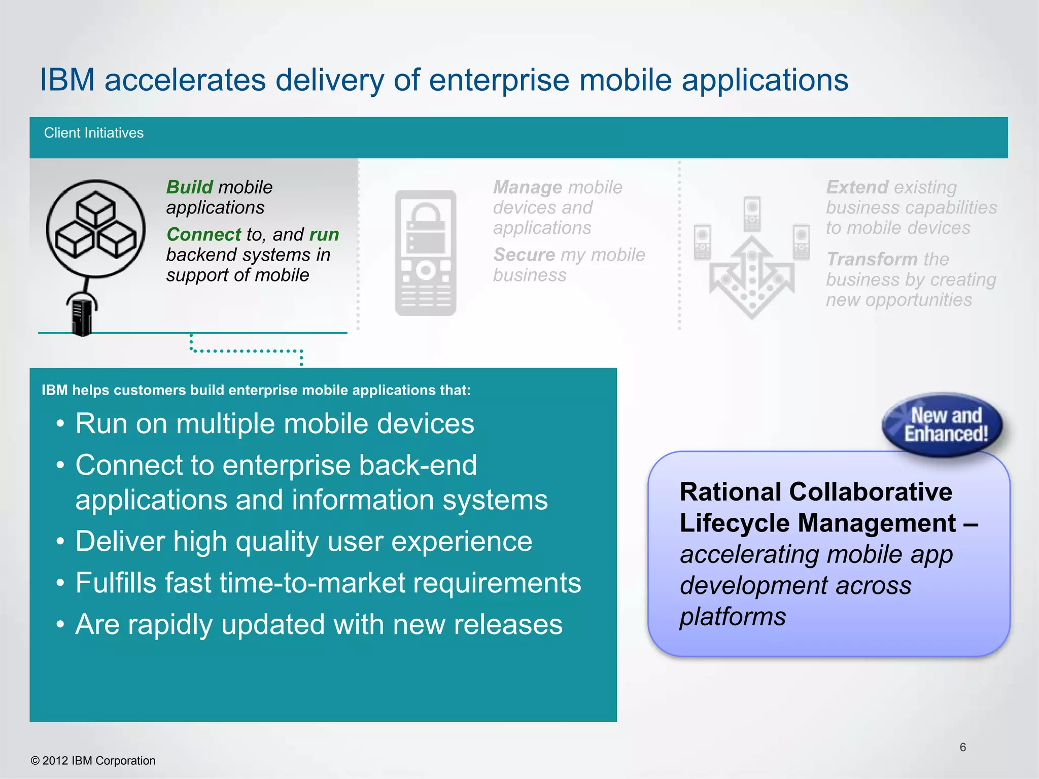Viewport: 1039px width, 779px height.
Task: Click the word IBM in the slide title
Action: pyautogui.click(x=67, y=80)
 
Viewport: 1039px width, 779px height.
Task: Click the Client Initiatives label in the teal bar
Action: pyautogui.click(x=93, y=133)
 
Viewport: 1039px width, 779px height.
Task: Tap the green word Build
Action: pyautogui.click(x=189, y=187)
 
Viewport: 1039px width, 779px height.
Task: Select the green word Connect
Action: pyautogui.click(x=203, y=234)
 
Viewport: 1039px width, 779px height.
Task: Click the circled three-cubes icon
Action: pyautogui.click(x=95, y=228)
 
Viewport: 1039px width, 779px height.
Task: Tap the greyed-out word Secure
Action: pyautogui.click(x=524, y=255)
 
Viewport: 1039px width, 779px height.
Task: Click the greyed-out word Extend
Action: pyautogui.click(x=857, y=187)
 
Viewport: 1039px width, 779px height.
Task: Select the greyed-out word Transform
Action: pyautogui.click(x=872, y=259)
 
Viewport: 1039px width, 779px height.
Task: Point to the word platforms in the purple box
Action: pyautogui.click(x=732, y=617)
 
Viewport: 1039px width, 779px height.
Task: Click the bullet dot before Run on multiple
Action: pyautogui.click(x=60, y=424)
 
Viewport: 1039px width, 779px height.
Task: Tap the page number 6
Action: pyautogui.click(x=962, y=747)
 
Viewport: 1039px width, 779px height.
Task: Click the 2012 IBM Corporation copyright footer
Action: pyautogui.click(x=93, y=761)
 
